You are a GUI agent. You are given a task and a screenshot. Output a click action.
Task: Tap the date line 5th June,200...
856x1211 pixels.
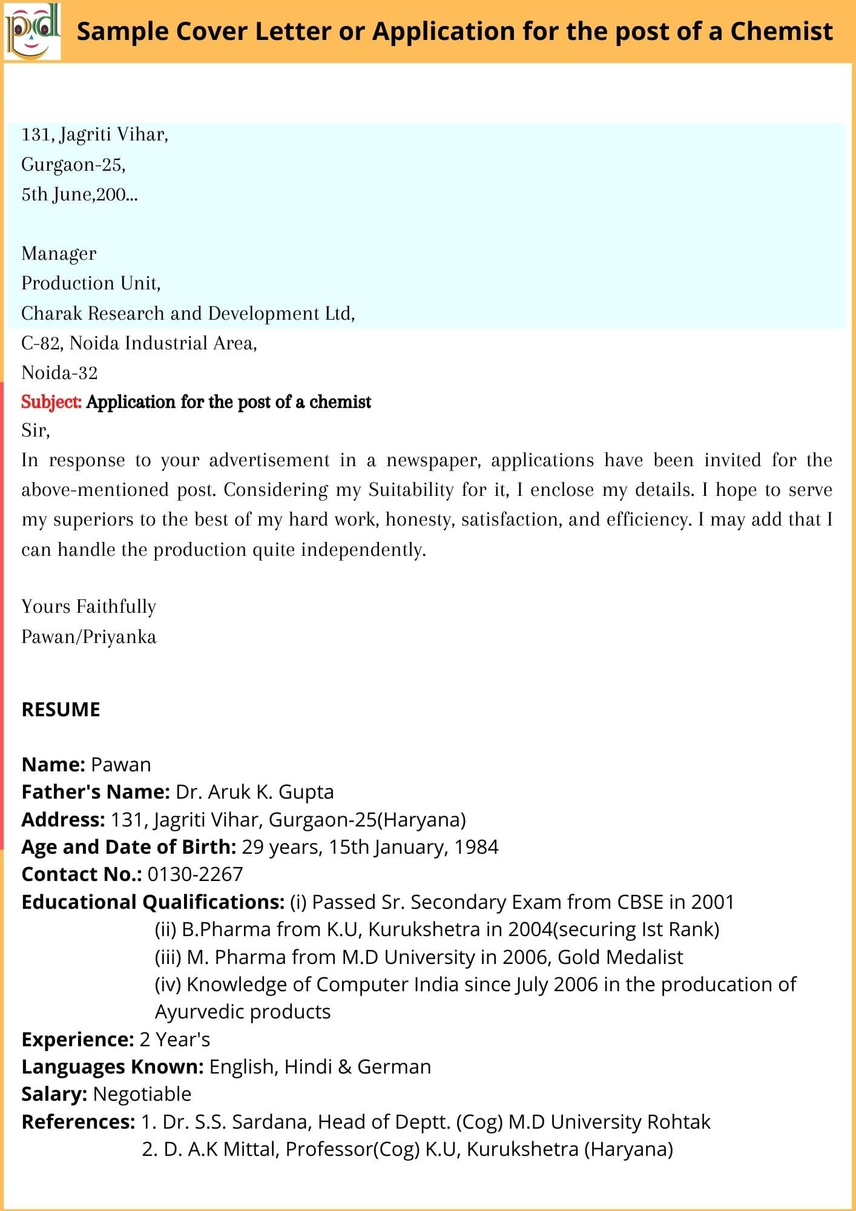coord(79,194)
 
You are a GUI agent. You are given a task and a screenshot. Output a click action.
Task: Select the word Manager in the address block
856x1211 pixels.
coord(59,253)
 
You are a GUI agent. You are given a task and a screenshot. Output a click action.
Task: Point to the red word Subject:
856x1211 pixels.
coord(51,401)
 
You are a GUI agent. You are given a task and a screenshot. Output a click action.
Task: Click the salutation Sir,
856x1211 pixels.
coord(36,431)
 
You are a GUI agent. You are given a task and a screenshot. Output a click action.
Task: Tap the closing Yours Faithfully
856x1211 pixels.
coord(89,606)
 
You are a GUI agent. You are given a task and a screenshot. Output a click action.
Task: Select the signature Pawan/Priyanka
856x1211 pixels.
coord(89,636)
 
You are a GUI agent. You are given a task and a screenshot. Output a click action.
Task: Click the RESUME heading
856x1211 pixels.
coord(61,710)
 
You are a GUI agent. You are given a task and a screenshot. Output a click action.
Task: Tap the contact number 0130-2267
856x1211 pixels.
coord(195,874)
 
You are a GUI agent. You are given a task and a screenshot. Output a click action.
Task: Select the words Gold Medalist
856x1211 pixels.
coord(620,957)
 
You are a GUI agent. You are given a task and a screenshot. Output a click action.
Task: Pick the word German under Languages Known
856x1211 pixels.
coord(394,1067)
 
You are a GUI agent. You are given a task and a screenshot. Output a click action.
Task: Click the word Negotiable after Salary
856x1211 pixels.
coord(142,1094)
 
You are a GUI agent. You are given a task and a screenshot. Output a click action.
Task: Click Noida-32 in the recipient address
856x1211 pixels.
coord(59,372)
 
